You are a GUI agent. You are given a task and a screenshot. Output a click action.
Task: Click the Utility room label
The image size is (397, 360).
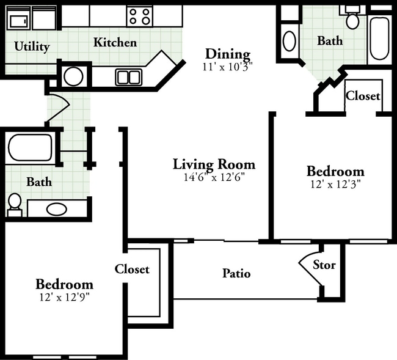click(32, 46)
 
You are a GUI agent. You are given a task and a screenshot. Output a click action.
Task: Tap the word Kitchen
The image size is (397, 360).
click(115, 42)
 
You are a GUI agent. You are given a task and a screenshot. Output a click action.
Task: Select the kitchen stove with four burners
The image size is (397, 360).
click(139, 17)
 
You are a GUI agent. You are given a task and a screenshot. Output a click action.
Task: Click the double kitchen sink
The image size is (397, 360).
click(129, 77)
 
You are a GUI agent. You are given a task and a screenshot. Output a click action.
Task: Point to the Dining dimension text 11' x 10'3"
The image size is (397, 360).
click(228, 67)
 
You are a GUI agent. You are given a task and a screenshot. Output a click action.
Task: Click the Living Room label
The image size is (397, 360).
click(214, 164)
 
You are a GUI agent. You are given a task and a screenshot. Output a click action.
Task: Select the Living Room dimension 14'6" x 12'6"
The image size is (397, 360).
click(215, 177)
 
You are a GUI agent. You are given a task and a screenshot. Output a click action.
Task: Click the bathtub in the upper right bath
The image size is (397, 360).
click(379, 39)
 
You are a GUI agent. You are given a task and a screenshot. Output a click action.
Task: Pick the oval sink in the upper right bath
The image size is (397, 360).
click(289, 41)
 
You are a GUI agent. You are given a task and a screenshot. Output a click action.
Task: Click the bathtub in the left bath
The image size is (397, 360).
click(31, 147)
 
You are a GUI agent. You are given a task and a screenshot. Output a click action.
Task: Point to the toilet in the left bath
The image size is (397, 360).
click(15, 204)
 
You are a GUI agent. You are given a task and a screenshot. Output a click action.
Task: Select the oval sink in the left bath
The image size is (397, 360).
click(57, 209)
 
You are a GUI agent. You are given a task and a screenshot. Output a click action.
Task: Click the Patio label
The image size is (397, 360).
click(236, 274)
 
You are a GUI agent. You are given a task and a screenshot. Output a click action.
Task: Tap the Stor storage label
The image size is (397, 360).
click(324, 265)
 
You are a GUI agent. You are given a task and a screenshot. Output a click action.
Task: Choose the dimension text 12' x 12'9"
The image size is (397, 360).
click(65, 297)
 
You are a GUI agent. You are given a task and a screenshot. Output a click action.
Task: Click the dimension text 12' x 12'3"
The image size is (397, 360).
click(335, 185)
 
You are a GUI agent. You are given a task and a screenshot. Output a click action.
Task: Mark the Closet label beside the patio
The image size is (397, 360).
click(132, 269)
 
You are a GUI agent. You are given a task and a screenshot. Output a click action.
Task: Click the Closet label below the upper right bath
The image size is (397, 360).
click(363, 96)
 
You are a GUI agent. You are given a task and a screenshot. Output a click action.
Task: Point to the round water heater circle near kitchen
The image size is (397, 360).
click(73, 76)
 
